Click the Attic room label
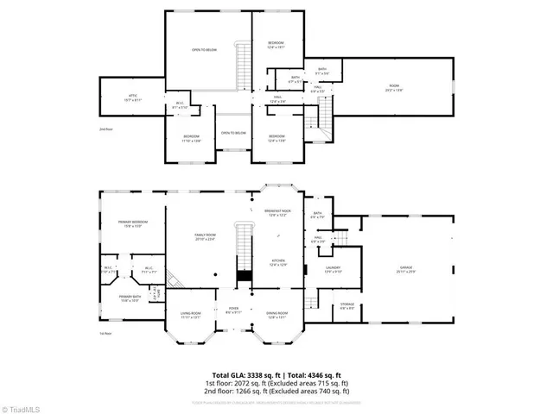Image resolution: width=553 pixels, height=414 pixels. tap(133, 97)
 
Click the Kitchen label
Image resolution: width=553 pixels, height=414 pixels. tap(278, 263)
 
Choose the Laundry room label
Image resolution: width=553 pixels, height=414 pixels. tap(334, 269)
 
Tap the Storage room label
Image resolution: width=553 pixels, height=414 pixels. tap(346, 304)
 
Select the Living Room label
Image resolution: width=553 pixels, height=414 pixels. tap(190, 315)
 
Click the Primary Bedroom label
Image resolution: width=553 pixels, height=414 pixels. tap(133, 224)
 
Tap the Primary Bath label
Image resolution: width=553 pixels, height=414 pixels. tap(130, 298)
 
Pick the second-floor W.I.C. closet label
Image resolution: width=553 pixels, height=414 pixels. tap(180, 105)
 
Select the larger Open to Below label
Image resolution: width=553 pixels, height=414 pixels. tap(203, 50)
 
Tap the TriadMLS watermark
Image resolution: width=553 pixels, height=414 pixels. tap(19, 405)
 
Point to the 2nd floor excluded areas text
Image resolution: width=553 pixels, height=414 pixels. tap(276, 391)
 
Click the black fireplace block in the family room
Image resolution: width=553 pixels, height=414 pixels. tap(244, 276)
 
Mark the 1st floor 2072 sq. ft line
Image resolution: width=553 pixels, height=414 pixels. tap(276, 383)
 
